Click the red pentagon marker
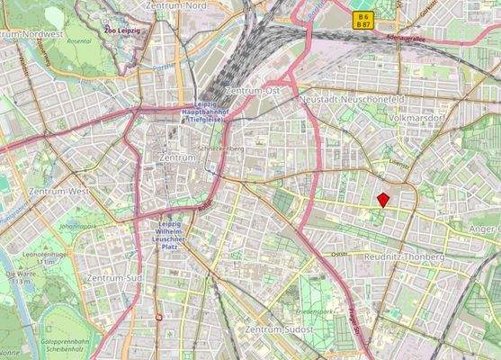pyautogui.click(x=383, y=200)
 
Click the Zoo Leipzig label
pyautogui.click(x=122, y=31)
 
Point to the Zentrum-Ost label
pyautogui.click(x=255, y=92)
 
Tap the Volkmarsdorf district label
pyautogui.click(x=422, y=118)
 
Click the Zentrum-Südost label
pyautogui.click(x=279, y=331)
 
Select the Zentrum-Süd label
pyautogui.click(x=112, y=279)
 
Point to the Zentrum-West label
pyautogui.click(x=58, y=192)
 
